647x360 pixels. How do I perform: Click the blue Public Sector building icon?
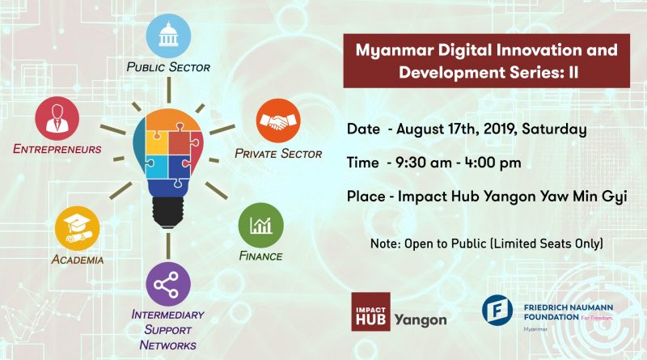point(168,36)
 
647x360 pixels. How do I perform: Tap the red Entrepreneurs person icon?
point(57,118)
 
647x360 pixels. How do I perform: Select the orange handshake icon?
point(278,121)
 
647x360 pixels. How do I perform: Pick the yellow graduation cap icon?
point(77,228)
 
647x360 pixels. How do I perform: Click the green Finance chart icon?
point(260,225)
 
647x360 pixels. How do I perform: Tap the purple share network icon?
point(168,284)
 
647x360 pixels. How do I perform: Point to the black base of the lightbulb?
point(168,212)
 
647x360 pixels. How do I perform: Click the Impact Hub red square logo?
point(370,311)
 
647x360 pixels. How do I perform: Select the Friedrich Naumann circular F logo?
point(497,310)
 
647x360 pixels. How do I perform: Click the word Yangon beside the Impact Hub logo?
point(421,320)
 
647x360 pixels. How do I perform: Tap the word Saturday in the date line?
point(554,129)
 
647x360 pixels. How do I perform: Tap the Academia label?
point(78,260)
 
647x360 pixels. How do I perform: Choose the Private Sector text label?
point(278,154)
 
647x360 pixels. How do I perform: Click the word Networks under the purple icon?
point(168,345)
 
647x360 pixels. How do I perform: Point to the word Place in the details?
point(366,197)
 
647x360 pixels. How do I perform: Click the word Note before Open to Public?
point(386,244)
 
